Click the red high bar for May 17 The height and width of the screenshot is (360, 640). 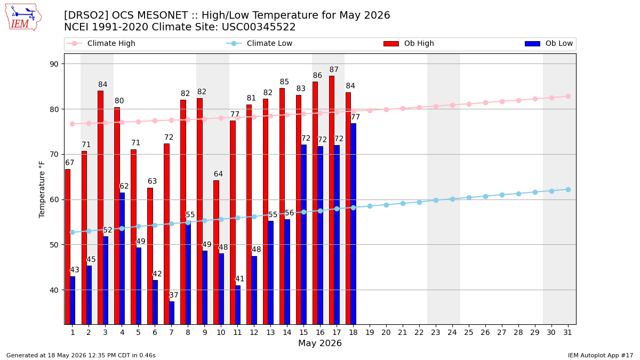(x=332, y=200)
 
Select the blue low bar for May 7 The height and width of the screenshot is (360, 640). (x=172, y=313)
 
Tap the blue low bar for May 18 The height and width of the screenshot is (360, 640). (x=354, y=223)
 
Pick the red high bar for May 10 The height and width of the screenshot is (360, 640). (x=217, y=252)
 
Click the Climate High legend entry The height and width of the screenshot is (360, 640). (x=101, y=43)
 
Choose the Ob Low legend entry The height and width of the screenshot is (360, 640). (x=549, y=43)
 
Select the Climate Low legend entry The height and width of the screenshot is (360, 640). (x=259, y=43)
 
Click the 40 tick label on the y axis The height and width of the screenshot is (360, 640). (x=54, y=290)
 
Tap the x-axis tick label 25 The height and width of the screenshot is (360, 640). (x=469, y=333)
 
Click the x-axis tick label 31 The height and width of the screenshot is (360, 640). (x=567, y=333)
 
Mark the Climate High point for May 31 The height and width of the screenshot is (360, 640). (x=568, y=97)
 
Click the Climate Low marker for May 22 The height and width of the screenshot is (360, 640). (x=419, y=202)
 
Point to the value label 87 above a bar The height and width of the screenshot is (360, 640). (x=334, y=69)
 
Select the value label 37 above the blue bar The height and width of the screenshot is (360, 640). (x=173, y=295)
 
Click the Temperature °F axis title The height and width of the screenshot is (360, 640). (x=42, y=189)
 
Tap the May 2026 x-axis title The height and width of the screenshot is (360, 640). (x=319, y=343)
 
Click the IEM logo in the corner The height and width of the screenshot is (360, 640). (x=23, y=18)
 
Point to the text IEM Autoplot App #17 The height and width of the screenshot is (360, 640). (x=601, y=355)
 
